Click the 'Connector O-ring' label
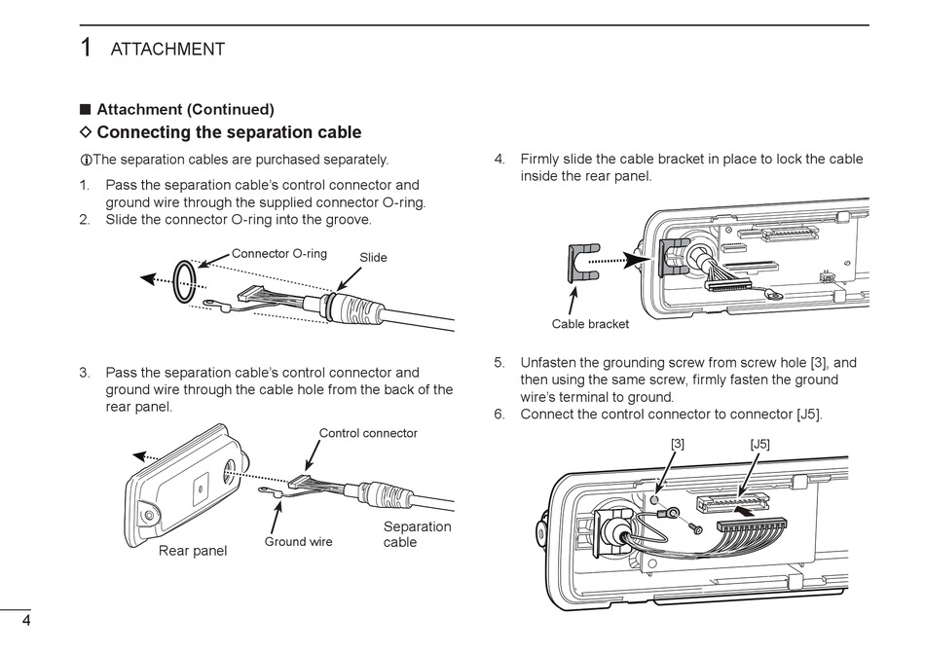[278, 253]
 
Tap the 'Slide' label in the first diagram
[374, 258]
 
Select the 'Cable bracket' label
[590, 324]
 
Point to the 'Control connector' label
[368, 433]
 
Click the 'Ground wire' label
[298, 542]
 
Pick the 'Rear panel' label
[193, 551]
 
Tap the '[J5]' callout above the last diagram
[759, 444]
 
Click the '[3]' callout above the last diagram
[678, 444]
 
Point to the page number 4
[26, 620]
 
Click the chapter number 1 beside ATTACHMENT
[86, 48]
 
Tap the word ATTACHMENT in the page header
[167, 49]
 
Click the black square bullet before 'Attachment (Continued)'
[86, 110]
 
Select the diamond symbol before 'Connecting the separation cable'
[86, 131]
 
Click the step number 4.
[499, 160]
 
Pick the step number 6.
[499, 415]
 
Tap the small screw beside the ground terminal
[695, 527]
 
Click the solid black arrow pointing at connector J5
[746, 513]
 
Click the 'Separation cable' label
[417, 534]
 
